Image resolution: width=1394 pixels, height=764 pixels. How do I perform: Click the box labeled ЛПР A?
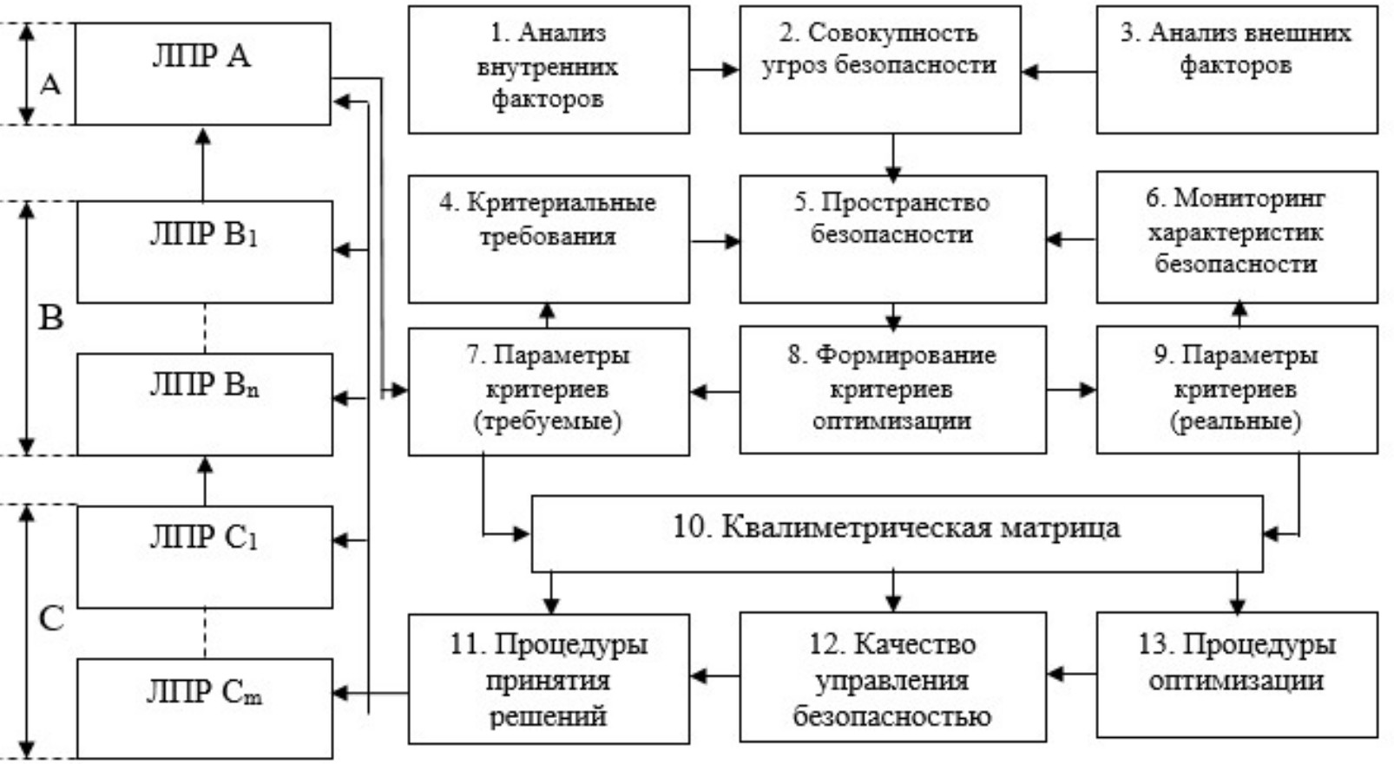point(202,74)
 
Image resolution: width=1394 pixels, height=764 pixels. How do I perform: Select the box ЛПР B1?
point(205,251)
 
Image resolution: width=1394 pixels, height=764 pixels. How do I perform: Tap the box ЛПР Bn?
point(205,403)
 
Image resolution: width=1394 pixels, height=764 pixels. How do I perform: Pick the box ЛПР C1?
point(205,556)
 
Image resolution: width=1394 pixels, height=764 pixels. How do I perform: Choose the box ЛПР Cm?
point(205,708)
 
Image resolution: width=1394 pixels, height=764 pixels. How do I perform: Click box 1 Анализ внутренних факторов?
point(549,69)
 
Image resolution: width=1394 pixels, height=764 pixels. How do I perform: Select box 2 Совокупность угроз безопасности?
point(879,69)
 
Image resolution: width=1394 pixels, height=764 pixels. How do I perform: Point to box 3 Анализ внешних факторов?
point(1236,69)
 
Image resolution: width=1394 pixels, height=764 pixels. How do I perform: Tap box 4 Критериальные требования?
point(549,238)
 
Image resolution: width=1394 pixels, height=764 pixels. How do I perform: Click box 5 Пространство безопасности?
point(892,238)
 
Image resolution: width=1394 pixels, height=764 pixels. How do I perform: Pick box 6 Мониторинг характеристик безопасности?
point(1236,237)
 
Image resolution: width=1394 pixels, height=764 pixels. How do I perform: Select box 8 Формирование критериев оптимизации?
point(892,389)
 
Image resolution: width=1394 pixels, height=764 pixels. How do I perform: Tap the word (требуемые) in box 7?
point(548,421)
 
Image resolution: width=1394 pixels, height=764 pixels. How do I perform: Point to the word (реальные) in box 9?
point(1235,421)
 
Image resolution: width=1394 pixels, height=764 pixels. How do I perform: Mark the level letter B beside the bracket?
point(51,318)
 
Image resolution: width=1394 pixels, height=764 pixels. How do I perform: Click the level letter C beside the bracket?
point(51,618)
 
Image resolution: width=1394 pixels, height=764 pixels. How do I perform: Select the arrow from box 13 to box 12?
point(1071,674)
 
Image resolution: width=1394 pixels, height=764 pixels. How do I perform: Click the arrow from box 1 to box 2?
point(714,69)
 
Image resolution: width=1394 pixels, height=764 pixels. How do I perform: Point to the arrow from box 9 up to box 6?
point(1239,314)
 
